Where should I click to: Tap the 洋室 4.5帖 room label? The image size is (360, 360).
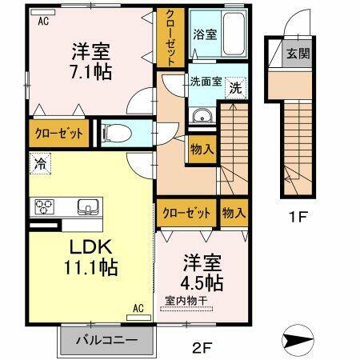pyautogui.click(x=202, y=272)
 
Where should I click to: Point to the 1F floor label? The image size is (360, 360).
pyautogui.click(x=299, y=215)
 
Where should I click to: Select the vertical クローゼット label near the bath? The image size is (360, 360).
pyautogui.click(x=171, y=38)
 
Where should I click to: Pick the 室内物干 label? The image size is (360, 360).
pyautogui.click(x=187, y=301)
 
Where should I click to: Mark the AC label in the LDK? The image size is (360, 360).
pyautogui.click(x=138, y=306)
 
